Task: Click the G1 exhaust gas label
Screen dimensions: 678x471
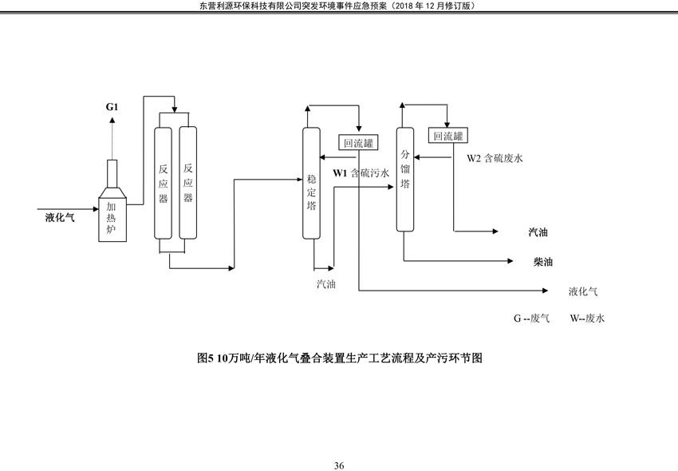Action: tap(112, 107)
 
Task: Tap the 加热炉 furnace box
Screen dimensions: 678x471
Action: tap(112, 220)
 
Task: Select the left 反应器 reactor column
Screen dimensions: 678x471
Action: tap(163, 183)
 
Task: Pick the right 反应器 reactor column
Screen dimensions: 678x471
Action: tap(187, 183)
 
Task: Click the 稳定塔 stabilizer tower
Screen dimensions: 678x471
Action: tap(311, 183)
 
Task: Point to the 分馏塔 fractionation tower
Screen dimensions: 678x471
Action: tap(405, 180)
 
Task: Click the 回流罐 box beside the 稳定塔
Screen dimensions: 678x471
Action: tap(358, 143)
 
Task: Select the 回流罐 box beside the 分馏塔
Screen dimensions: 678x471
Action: tap(448, 136)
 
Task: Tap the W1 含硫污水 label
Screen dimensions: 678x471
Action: tap(361, 173)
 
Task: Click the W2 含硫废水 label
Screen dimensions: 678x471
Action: tap(495, 158)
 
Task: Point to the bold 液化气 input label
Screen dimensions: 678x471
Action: tap(60, 217)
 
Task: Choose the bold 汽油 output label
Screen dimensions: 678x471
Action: tap(538, 232)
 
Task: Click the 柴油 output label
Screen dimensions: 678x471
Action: tap(543, 262)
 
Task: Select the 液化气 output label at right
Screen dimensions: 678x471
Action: tap(583, 291)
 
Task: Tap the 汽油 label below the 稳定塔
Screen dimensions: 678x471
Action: tap(326, 284)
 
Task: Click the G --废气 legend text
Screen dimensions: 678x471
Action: tap(532, 319)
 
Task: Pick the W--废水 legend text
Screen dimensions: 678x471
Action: tap(587, 319)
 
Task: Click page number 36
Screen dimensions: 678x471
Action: tap(339, 465)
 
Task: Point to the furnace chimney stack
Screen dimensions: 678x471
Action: tap(112, 174)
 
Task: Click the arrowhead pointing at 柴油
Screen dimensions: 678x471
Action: tap(510, 261)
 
